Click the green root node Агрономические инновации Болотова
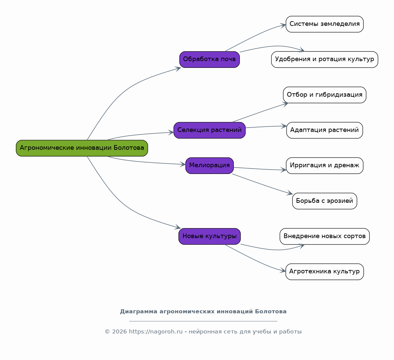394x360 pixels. pyautogui.click(x=82, y=148)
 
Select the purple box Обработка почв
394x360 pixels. pyautogui.click(x=210, y=59)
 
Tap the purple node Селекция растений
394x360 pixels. pyautogui.click(x=210, y=130)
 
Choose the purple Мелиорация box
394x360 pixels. pyautogui.click(x=210, y=166)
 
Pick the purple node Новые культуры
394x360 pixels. pyautogui.click(x=210, y=236)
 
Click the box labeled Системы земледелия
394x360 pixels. pyautogui.click(x=325, y=24)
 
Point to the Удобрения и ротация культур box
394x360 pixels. pyautogui.click(x=325, y=59)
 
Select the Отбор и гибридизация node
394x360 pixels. pyautogui.click(x=325, y=95)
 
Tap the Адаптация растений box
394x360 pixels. pyautogui.click(x=325, y=130)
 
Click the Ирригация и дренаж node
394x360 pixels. pyautogui.click(x=325, y=166)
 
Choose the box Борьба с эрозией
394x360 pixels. pyautogui.click(x=325, y=201)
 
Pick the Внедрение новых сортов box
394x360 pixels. pyautogui.click(x=325, y=236)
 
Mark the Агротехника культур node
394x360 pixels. pyautogui.click(x=325, y=272)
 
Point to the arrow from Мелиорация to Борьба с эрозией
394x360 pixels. pyautogui.click(x=263, y=184)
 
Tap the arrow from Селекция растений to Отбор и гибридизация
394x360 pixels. pyautogui.click(x=260, y=112)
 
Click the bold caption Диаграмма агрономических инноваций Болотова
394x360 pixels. pyautogui.click(x=203, y=312)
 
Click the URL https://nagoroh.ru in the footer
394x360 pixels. pyautogui.click(x=156, y=331)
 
